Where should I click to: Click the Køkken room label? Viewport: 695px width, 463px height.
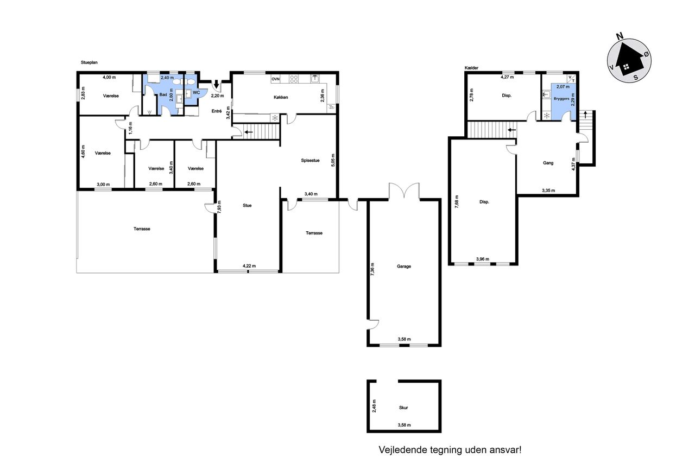coord(281,97)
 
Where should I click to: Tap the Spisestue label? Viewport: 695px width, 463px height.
coord(310,160)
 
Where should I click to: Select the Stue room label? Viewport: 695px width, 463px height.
coord(247,205)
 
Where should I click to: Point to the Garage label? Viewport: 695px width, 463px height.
coord(403,266)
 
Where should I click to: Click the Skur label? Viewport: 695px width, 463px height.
coord(403,408)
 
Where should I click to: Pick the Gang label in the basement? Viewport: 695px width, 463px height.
coord(548,163)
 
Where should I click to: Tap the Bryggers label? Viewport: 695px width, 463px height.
coord(561,99)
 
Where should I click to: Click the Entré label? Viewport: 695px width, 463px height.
coord(217,111)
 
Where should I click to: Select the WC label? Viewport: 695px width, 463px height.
coord(196,92)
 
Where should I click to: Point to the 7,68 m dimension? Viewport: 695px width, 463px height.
coord(457,201)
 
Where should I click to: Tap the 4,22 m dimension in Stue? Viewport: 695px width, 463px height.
coord(249,266)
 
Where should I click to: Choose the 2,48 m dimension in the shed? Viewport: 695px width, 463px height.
coord(374,405)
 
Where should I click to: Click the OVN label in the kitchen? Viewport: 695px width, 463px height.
coord(275,79)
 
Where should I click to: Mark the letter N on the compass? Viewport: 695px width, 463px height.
coord(620,36)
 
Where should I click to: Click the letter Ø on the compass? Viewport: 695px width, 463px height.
coord(646,54)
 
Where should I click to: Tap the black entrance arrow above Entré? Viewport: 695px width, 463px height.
coord(216,84)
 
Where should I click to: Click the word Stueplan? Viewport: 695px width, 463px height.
coord(89,62)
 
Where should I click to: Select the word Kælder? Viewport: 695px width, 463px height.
coord(471,68)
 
